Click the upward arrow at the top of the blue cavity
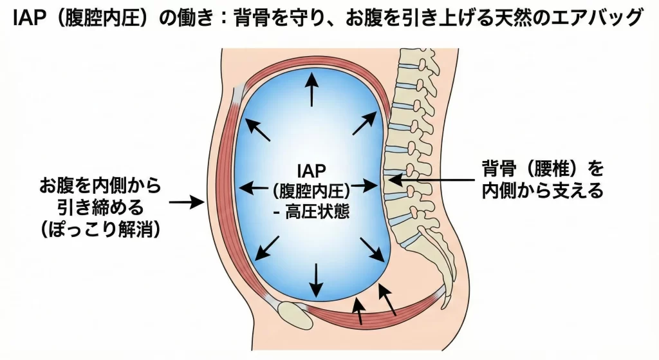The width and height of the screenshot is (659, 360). pos(312,90)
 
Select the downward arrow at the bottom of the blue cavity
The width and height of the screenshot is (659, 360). pos(315,276)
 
